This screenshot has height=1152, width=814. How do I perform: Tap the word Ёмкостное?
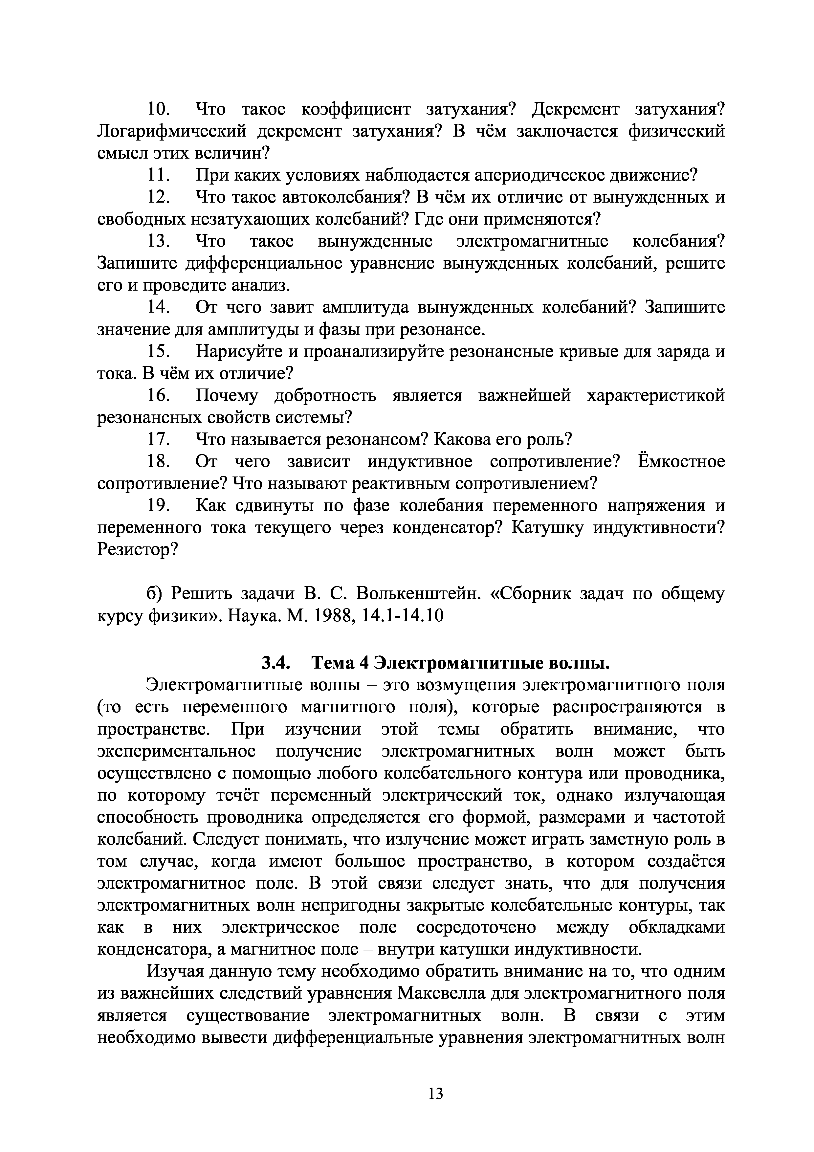681,462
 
